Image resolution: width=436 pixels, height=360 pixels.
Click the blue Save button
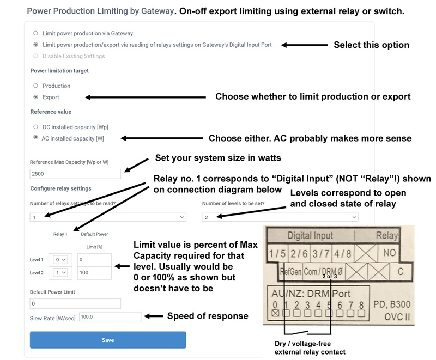[x=108, y=340]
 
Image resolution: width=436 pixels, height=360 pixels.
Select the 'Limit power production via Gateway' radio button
[x=36, y=34]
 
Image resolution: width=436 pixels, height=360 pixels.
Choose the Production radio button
[x=36, y=86]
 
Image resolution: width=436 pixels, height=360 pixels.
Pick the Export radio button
[x=36, y=97]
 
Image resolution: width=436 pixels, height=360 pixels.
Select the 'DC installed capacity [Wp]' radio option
[x=36, y=126]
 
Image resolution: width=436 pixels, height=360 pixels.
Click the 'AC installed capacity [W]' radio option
[x=36, y=138]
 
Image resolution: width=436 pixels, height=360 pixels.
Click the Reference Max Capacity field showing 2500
[x=75, y=174]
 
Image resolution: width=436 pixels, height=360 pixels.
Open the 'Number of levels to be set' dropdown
[x=280, y=217]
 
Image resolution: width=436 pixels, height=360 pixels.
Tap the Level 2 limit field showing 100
[x=94, y=272]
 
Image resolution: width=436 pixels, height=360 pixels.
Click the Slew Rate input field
[x=110, y=316]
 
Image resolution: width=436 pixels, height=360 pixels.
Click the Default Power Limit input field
[x=75, y=303]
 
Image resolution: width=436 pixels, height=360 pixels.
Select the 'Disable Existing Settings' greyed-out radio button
[x=36, y=56]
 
